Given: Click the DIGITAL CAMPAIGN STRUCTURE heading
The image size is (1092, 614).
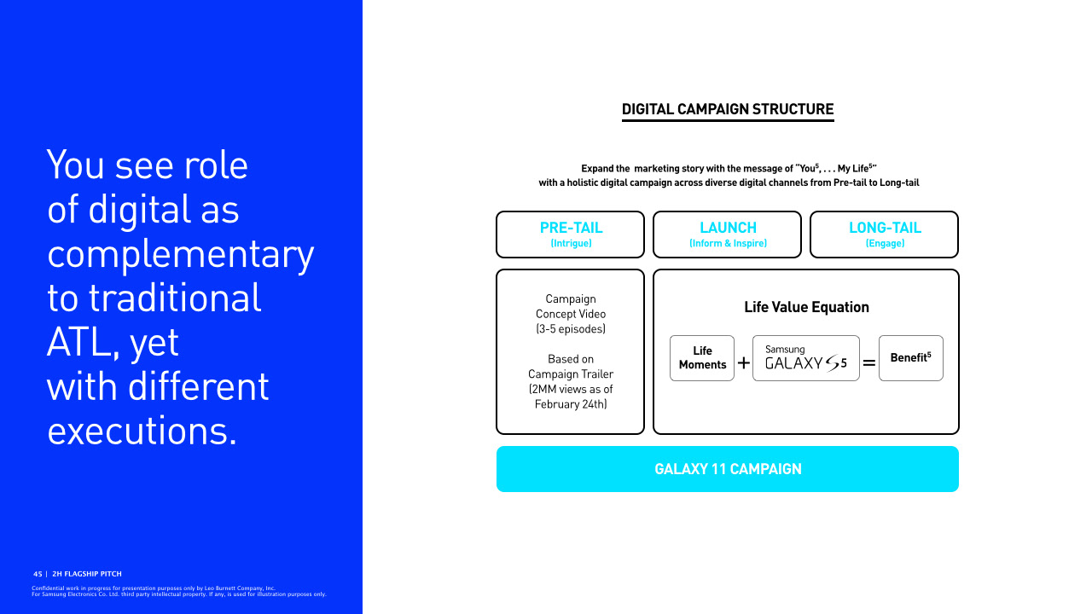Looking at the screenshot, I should (x=728, y=109).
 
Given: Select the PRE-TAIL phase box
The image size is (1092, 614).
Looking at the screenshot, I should (x=570, y=234).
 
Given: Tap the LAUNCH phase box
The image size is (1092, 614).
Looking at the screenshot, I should (x=727, y=234).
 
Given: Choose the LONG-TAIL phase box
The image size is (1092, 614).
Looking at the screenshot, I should (x=884, y=234).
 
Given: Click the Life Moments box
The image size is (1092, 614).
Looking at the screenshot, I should (x=702, y=358).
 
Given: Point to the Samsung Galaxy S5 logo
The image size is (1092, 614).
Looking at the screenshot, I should (x=806, y=358).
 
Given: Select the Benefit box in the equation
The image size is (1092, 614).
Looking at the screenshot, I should (x=910, y=358).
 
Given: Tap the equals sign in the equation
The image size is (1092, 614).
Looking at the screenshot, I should (x=868, y=363).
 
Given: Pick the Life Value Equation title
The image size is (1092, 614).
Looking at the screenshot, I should (x=806, y=307).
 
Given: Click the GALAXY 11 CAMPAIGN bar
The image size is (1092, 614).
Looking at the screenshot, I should (x=728, y=469).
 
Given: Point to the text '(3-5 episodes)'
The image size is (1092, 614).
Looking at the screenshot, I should (x=571, y=329).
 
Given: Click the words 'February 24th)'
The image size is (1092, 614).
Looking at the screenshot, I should (x=571, y=404).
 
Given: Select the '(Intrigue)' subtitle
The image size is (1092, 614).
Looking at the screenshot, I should (x=571, y=244).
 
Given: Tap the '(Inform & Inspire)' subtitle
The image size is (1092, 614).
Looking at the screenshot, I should (x=728, y=244).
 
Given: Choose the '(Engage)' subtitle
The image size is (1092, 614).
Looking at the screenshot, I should (x=885, y=244).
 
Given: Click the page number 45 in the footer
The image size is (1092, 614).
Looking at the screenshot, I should (x=38, y=574).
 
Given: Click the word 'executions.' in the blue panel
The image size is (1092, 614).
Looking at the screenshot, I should (x=142, y=431).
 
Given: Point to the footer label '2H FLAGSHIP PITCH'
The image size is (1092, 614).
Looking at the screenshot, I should (x=87, y=574).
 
